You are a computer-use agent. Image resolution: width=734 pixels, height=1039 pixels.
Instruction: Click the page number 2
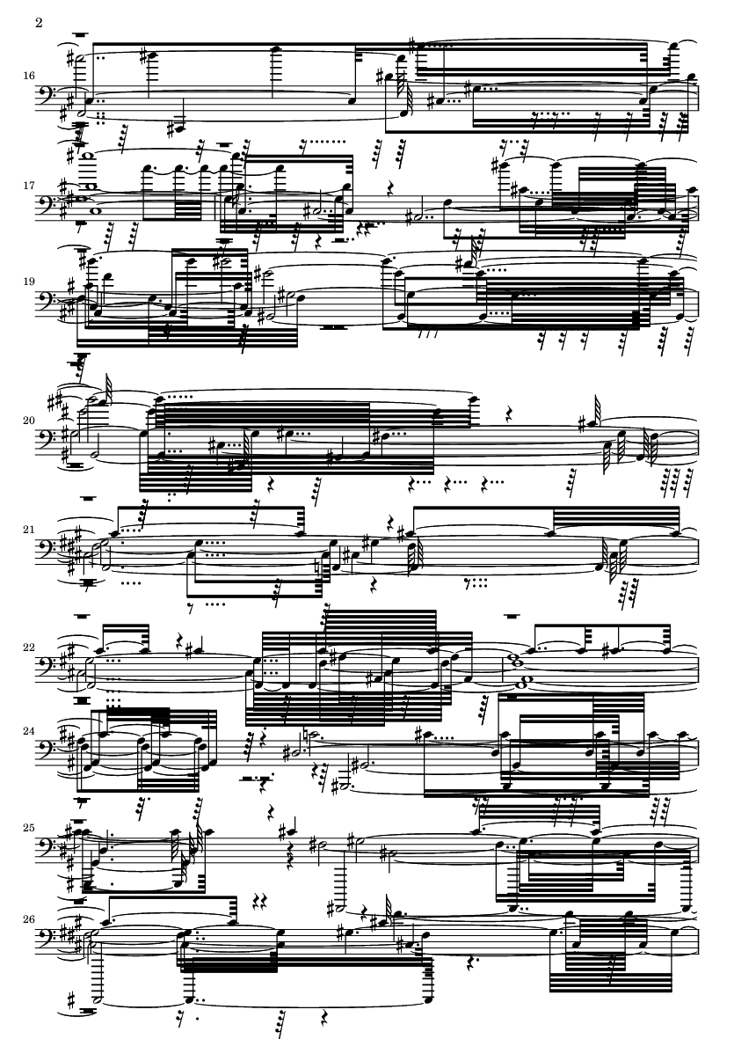point(39,23)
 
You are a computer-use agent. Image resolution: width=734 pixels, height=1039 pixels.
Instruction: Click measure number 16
point(28,77)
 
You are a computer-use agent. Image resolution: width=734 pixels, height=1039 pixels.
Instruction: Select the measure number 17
point(28,186)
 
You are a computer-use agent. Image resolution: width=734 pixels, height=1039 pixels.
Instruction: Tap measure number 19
point(28,281)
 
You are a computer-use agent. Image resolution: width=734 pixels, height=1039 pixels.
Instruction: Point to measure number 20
point(28,421)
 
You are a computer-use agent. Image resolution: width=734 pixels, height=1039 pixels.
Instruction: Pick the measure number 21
point(28,530)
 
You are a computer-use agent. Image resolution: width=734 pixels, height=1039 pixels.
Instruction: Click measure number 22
point(28,648)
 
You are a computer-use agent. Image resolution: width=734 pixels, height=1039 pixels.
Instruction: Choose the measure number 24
point(28,735)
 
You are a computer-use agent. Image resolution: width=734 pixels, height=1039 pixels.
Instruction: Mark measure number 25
point(28,829)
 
